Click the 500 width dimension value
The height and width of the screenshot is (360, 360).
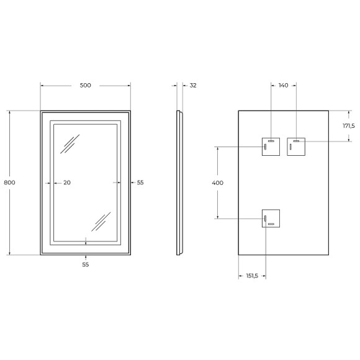tap(86, 86)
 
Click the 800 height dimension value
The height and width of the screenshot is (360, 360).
tap(9, 182)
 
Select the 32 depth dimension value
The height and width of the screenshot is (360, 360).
tap(192, 86)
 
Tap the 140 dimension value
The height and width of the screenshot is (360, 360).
tap(284, 86)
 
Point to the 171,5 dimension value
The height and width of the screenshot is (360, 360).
tap(348, 126)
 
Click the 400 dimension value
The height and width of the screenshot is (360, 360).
tap(217, 182)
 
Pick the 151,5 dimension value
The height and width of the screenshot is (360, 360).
tap(252, 277)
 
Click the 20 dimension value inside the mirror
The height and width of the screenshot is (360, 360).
tap(67, 182)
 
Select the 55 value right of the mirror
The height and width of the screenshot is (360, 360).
tap(140, 182)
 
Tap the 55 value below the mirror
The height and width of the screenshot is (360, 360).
tap(86, 264)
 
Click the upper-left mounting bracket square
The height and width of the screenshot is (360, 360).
tap(271, 146)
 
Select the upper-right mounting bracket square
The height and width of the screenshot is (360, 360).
tap(297, 146)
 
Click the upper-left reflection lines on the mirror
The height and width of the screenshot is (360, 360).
tap(69, 144)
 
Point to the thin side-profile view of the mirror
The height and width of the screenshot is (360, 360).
tap(180, 182)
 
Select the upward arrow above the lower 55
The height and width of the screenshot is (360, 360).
tap(86, 256)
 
